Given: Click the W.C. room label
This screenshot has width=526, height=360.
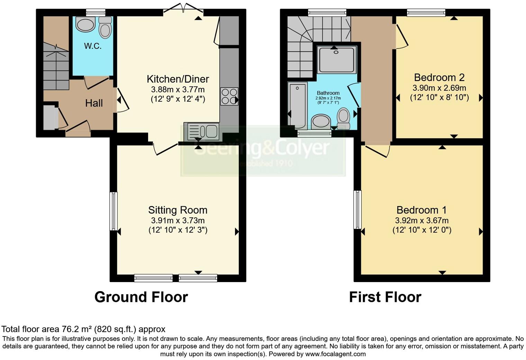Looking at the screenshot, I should [x=92, y=46].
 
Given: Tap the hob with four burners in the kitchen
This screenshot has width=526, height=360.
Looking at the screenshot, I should [x=229, y=96].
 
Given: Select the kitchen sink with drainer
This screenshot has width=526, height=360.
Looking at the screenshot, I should [x=203, y=131].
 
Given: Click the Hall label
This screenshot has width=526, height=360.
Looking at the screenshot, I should [x=94, y=103].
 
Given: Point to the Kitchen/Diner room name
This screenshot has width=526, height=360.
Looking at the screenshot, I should [x=178, y=79].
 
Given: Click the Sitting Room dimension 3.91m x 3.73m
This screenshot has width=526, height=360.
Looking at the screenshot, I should [x=178, y=220].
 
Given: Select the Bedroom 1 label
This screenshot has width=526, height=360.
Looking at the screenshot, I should [x=421, y=210].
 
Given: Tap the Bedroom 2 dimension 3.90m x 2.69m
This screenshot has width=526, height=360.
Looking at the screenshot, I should [x=439, y=88].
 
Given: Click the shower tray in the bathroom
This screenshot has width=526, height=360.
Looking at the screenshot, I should [x=336, y=60].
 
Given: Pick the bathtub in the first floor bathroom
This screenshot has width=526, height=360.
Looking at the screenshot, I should [x=297, y=105].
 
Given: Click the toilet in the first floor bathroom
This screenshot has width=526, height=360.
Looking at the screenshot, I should [x=343, y=118].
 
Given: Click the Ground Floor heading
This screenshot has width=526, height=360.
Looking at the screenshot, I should [x=141, y=297].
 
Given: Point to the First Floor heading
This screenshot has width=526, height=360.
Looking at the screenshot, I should [x=385, y=297].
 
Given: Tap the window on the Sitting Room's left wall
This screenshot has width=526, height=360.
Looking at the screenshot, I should [x=114, y=211].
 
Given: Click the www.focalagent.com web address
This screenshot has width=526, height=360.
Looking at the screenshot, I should [x=335, y=354].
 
